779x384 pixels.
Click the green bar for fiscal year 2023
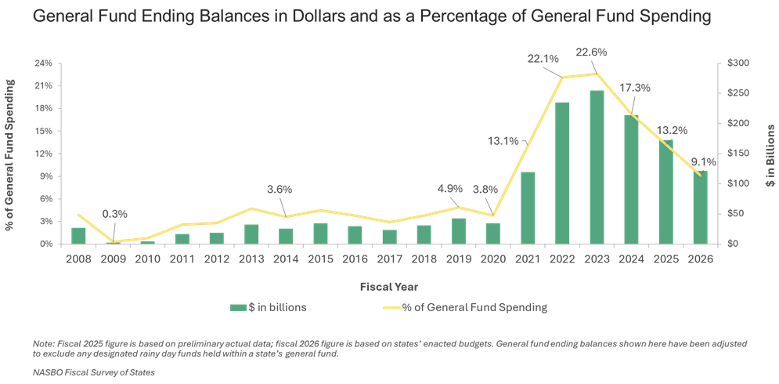pos(597,167)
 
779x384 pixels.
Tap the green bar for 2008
pos(78,235)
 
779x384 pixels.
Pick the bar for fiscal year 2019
pos(460,230)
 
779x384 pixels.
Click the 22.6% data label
pos(592,53)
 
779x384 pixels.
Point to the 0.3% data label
pos(114,214)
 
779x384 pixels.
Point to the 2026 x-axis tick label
pos(699,259)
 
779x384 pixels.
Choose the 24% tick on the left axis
pos(45,63)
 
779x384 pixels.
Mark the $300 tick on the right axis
pos(738,63)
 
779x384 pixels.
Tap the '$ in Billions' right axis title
pos(770,154)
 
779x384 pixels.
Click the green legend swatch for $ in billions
pos(237,307)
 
